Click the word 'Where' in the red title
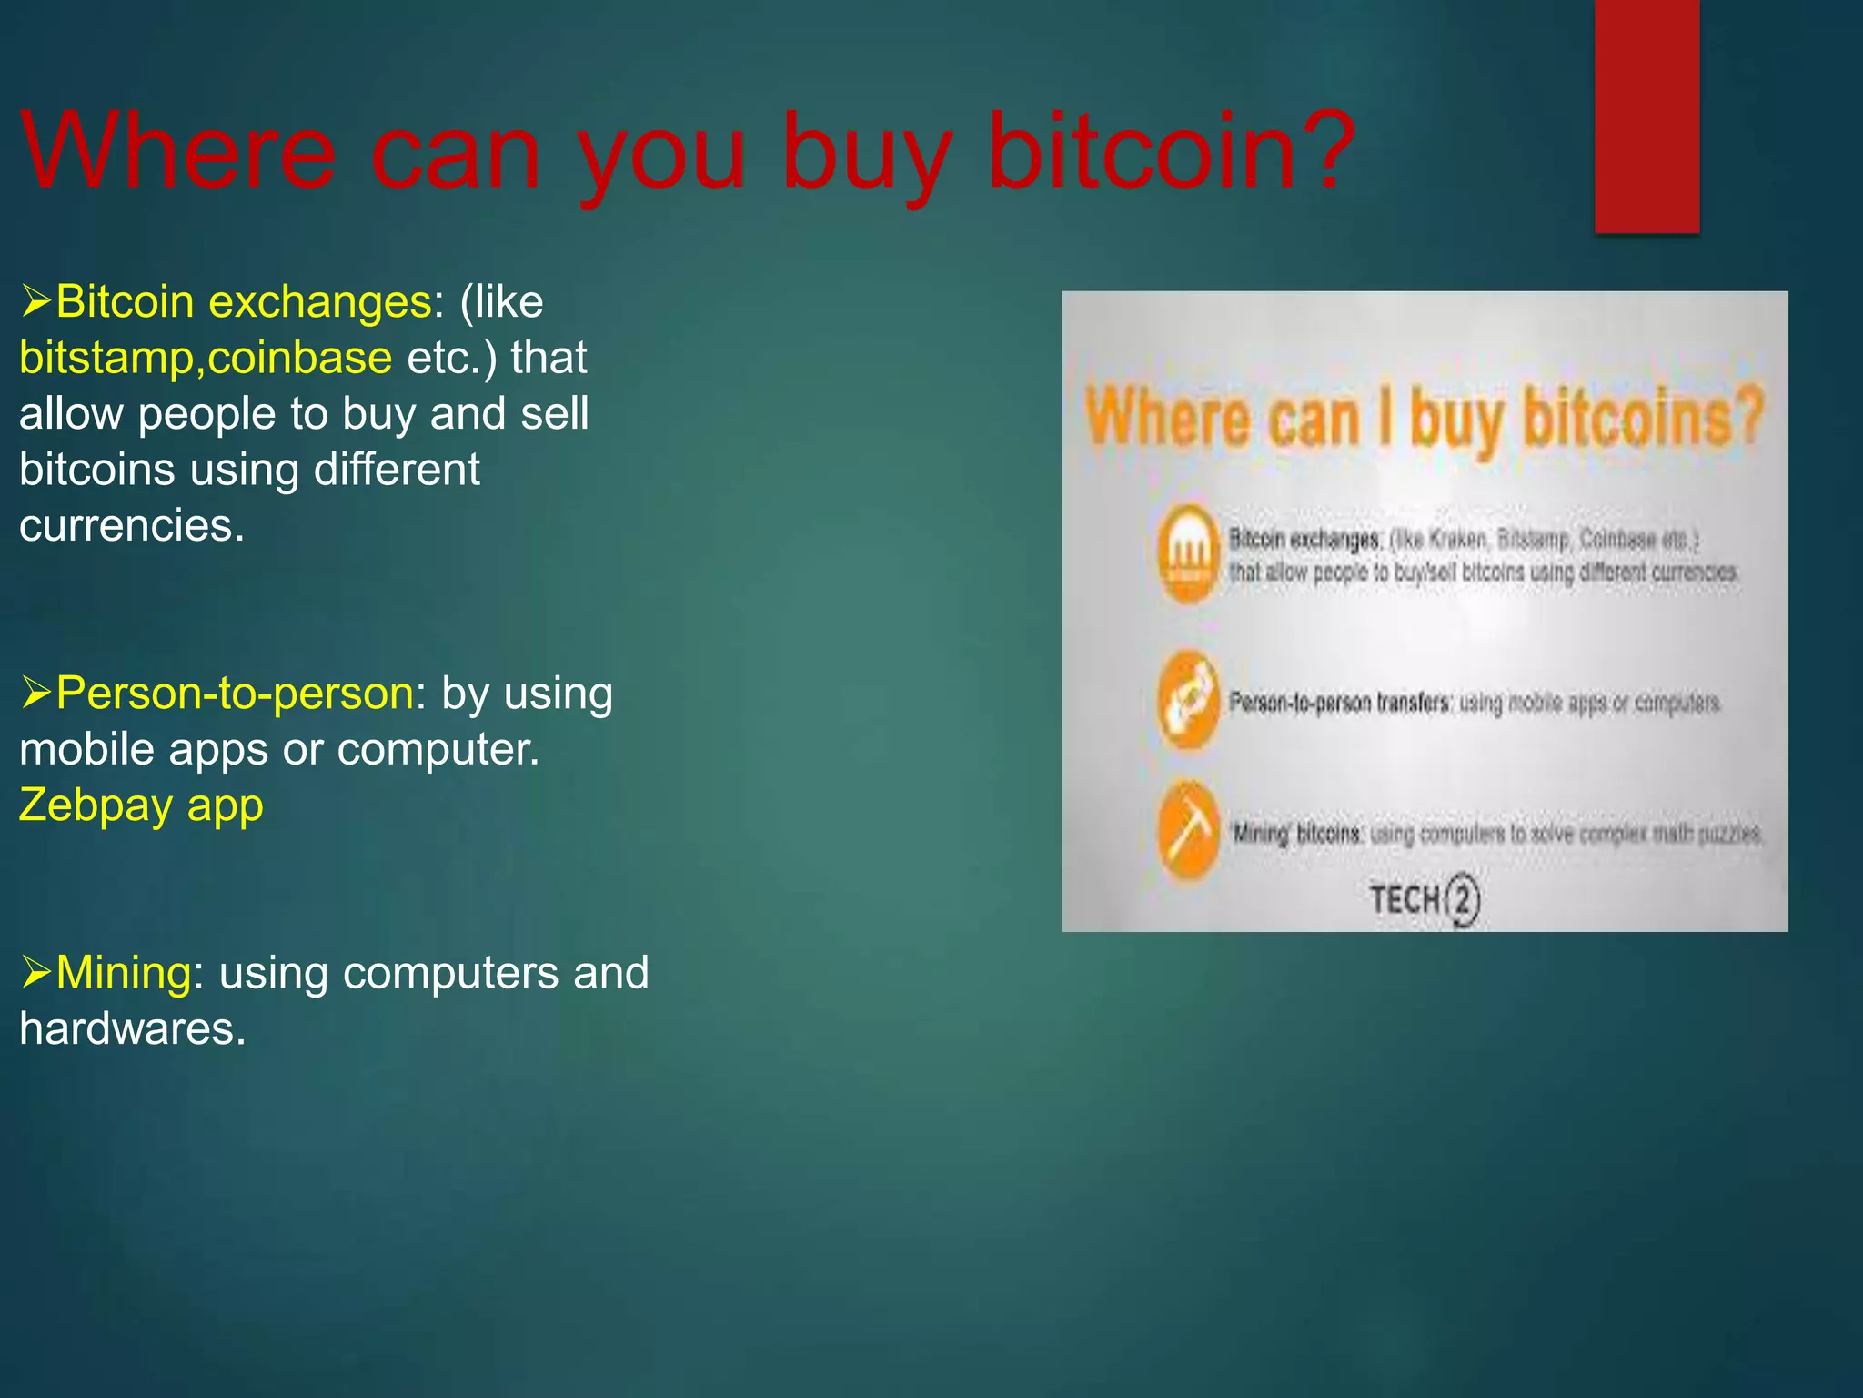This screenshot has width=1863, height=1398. pos(178,151)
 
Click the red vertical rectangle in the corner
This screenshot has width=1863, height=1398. pos(1646,116)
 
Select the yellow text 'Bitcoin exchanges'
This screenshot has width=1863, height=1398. pos(244,302)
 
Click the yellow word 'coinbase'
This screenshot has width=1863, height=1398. pos(300,359)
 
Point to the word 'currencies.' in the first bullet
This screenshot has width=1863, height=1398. pos(132,526)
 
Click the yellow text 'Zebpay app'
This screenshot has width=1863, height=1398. pos(142,806)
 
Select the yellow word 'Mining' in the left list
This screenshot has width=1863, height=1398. pos(124,973)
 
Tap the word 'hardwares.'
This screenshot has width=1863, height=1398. pos(133,1029)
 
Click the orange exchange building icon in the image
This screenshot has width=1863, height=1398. pos(1188,553)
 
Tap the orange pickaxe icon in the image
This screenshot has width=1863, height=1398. pos(1188,831)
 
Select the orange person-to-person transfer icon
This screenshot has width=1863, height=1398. pos(1188,700)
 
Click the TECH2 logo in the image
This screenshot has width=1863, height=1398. pos(1425,900)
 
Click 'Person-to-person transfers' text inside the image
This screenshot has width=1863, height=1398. pos(1339,703)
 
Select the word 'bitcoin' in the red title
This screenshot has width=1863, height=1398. pos(1142,151)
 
